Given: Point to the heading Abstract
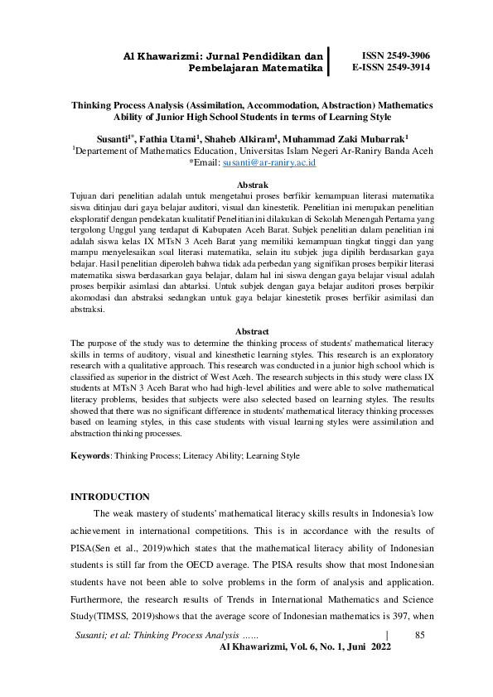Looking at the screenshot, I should click(252, 331).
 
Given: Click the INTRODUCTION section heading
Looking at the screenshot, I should click(110, 497).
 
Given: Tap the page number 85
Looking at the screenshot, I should click(419, 634).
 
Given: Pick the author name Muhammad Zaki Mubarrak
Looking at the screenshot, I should click(349, 138).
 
